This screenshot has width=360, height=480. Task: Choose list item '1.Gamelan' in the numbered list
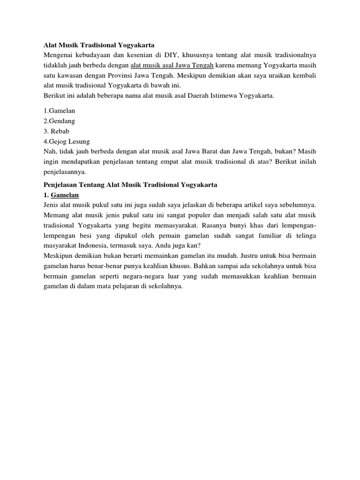(x=60, y=111)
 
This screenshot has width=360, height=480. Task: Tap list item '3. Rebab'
(x=57, y=131)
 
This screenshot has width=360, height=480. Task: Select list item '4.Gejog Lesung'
(x=67, y=141)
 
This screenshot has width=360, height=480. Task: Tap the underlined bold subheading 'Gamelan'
(x=65, y=195)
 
